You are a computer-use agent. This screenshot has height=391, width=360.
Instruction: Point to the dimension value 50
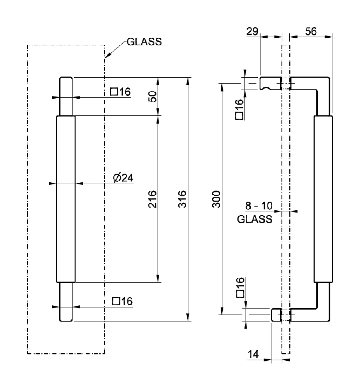152,97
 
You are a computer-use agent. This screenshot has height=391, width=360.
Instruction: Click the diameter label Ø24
123,177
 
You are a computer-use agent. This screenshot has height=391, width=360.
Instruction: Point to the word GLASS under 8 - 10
255,219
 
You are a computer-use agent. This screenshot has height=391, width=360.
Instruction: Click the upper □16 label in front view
120,92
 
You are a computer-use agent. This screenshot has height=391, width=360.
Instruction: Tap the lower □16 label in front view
122,301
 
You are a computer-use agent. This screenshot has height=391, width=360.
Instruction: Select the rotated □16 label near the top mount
239,109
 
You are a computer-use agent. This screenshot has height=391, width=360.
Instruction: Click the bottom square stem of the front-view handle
65,301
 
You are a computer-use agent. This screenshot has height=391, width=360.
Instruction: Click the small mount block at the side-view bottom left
276,314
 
